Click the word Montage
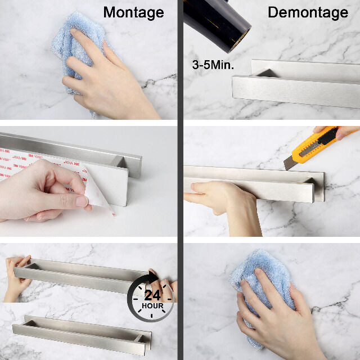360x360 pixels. [x=134, y=12]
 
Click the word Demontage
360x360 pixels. [x=308, y=12]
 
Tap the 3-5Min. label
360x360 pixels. [x=213, y=65]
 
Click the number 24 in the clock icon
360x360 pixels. [x=152, y=295]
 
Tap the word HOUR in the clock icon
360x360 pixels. [x=152, y=306]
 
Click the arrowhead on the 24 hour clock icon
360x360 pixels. [x=154, y=277]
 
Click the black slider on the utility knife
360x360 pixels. [x=328, y=138]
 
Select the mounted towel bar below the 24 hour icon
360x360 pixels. [x=82, y=335]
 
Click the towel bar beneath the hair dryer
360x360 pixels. [x=296, y=84]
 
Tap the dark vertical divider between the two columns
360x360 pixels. [x=181, y=180]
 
